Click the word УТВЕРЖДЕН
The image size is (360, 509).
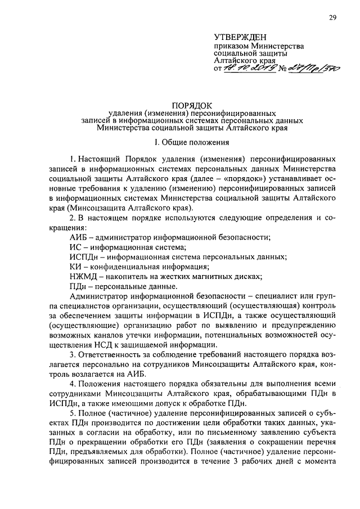pos(242,37)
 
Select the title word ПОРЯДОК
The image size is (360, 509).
pos(192,105)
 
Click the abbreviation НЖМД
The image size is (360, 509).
pos(79,276)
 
